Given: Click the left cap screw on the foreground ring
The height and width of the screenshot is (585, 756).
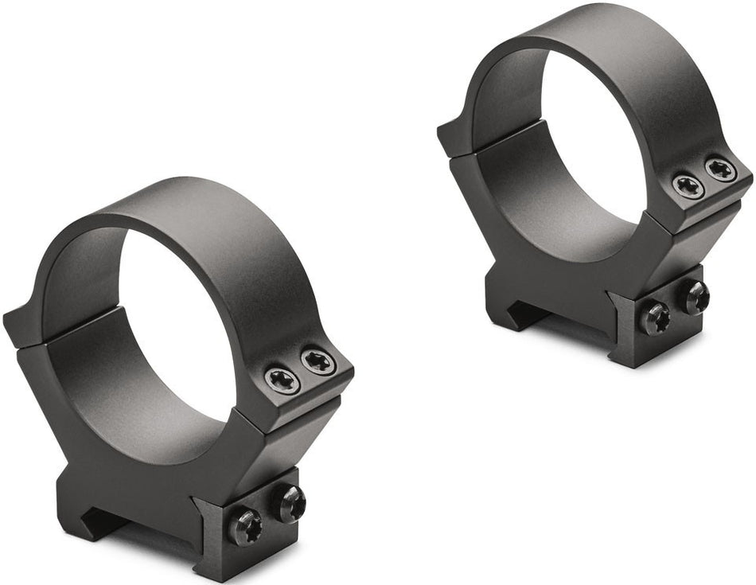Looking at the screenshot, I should [283, 380].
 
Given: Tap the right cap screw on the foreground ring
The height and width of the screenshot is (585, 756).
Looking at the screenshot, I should [318, 362].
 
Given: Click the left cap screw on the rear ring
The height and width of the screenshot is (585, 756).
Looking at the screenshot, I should [688, 186].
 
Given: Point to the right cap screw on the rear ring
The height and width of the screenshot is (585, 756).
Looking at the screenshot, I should [721, 169].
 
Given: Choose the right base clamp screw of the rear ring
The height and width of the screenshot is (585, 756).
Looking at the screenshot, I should [694, 298].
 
